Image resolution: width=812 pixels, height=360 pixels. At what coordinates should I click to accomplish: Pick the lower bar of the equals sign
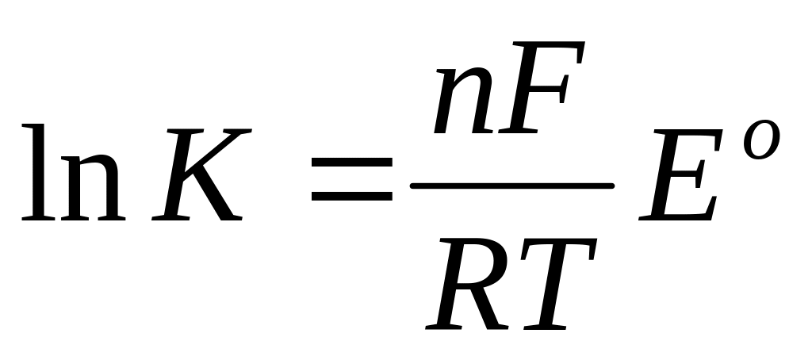pyautogui.click(x=351, y=193)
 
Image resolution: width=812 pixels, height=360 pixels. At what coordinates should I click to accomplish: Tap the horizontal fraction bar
pyautogui.click(x=511, y=185)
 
